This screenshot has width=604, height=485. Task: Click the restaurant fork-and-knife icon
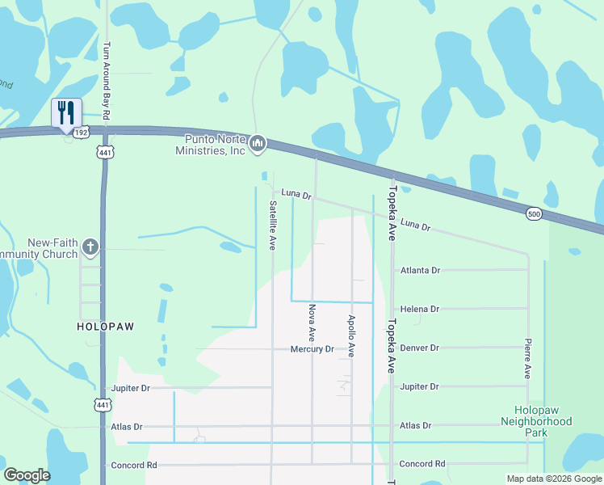[65, 112]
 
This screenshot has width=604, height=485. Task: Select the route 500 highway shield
[533, 213]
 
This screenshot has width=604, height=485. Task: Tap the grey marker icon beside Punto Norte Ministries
[258, 144]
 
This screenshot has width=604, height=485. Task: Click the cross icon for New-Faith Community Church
[90, 247]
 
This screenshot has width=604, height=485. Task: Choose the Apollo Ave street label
[351, 335]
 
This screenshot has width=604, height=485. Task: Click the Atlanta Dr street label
[420, 270]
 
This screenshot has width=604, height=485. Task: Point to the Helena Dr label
[420, 309]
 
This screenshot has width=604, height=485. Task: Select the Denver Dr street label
[420, 348]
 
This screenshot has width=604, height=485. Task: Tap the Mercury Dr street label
[312, 348]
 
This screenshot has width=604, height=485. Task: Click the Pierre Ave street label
[527, 358]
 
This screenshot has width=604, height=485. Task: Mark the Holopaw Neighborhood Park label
[536, 421]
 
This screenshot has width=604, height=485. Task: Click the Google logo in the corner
[27, 475]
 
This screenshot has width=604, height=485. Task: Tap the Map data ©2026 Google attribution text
[553, 479]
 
